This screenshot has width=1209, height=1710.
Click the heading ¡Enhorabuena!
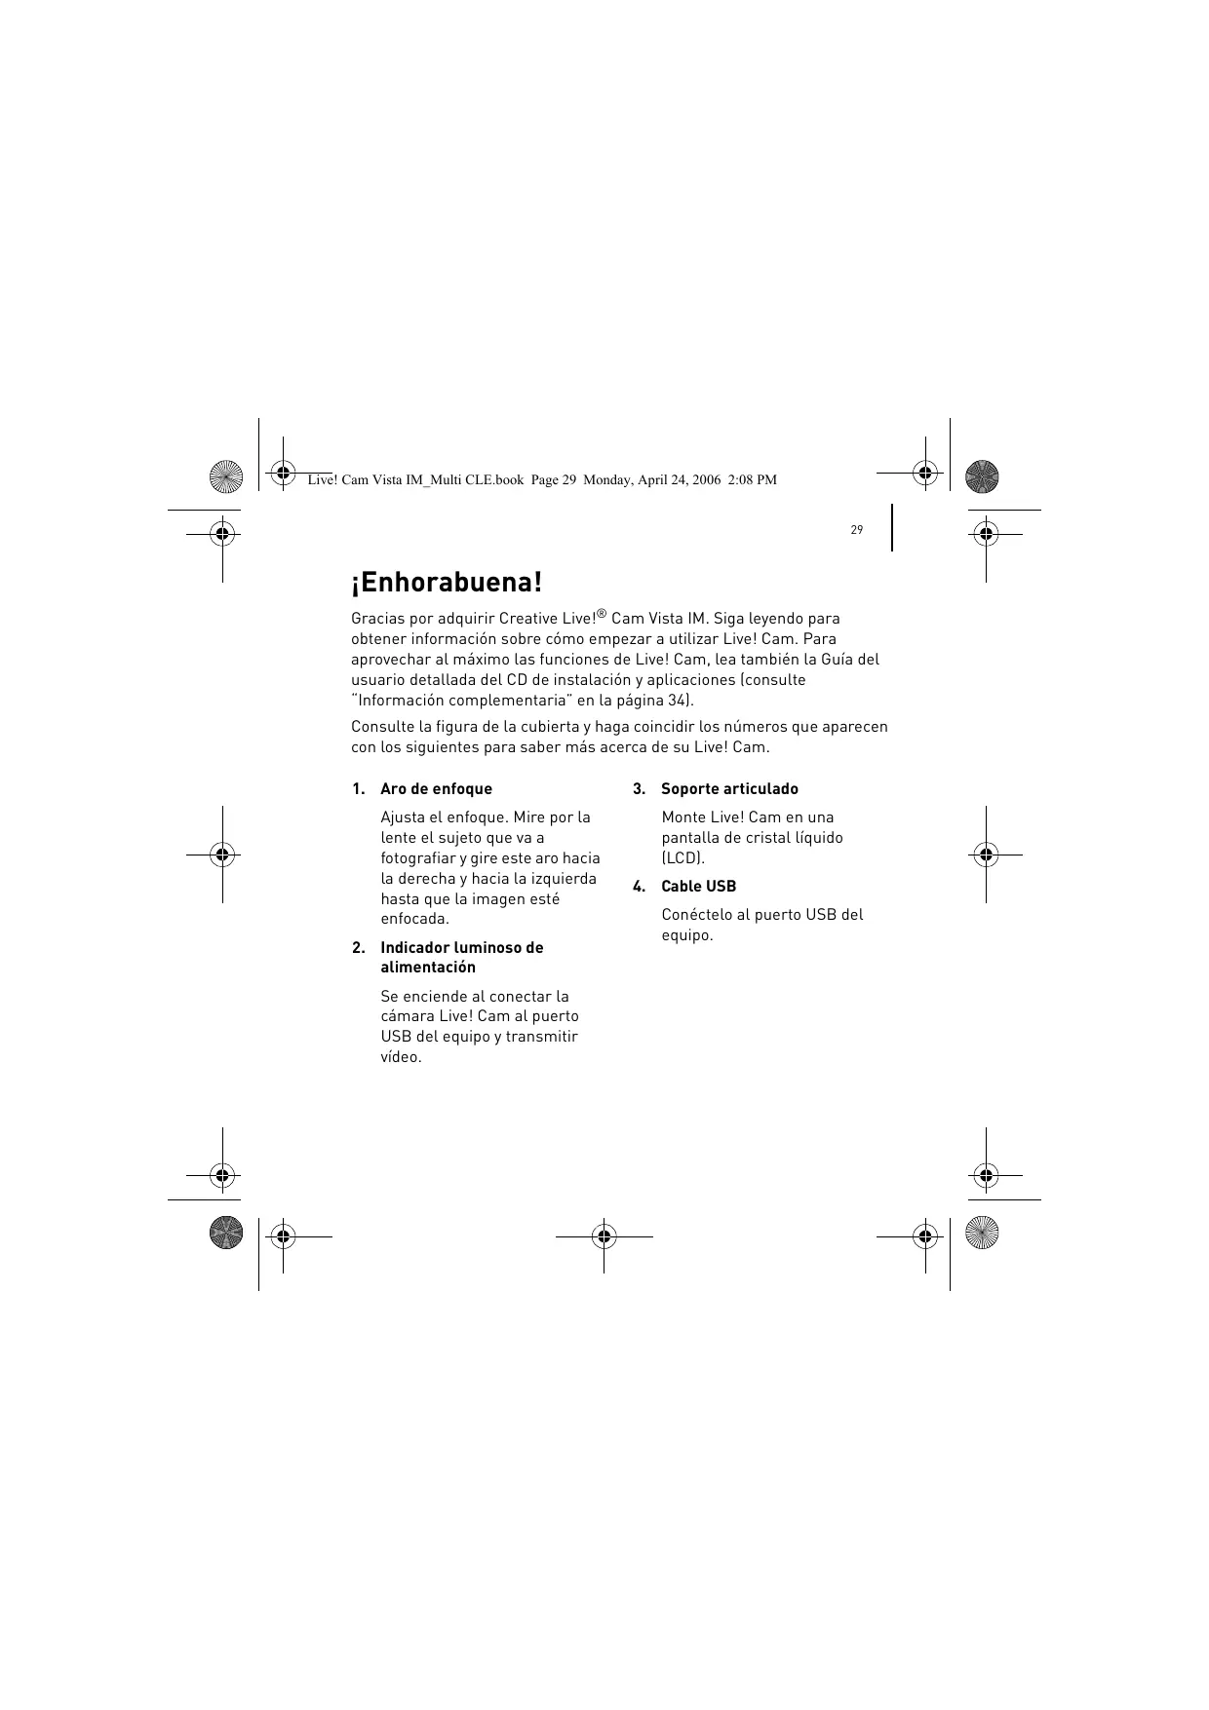pos(446,584)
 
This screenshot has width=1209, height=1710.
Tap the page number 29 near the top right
pos(856,530)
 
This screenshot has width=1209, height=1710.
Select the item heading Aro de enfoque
pos(436,789)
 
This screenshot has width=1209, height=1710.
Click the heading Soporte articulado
pos(729,789)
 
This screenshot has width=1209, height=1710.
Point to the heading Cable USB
pos(698,887)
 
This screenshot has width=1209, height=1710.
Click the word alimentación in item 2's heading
pos(428,968)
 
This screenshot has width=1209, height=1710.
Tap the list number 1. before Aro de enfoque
pos(359,789)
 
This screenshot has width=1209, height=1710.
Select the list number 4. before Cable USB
pos(639,887)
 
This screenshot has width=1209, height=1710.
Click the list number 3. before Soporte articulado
pos(639,789)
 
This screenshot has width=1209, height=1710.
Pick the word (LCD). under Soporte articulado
pos(682,858)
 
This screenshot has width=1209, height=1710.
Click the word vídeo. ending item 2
pos(401,1057)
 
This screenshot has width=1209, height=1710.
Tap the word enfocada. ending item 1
pos(414,919)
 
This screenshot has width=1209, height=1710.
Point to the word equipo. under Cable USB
pos(686,935)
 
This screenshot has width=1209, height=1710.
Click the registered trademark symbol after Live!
pos(602,614)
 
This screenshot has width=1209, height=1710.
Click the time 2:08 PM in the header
pos(753,479)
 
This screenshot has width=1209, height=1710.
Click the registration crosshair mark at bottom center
pos(604,1236)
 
